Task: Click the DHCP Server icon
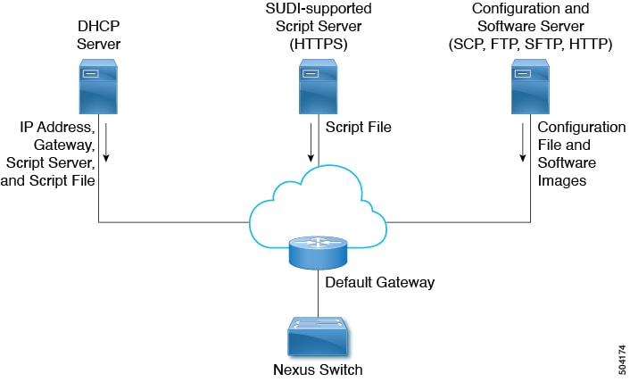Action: (x=98, y=87)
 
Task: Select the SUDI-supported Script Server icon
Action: (x=319, y=87)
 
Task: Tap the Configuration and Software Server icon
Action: (x=530, y=87)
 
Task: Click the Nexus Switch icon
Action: (x=318, y=336)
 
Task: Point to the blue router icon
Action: (x=318, y=253)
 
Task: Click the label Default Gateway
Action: (x=379, y=282)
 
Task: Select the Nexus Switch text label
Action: (x=318, y=370)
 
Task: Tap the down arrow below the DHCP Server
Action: (x=106, y=143)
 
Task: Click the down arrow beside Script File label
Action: (x=311, y=143)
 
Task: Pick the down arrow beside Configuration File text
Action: (x=523, y=143)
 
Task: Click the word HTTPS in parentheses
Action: (x=319, y=44)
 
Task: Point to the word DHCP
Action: (x=98, y=26)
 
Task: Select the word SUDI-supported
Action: (x=319, y=8)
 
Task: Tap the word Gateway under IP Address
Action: (x=64, y=145)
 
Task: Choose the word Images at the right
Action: (x=561, y=181)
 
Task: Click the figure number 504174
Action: (x=622, y=360)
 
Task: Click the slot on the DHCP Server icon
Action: (x=90, y=74)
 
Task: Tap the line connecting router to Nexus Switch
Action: (x=319, y=294)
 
